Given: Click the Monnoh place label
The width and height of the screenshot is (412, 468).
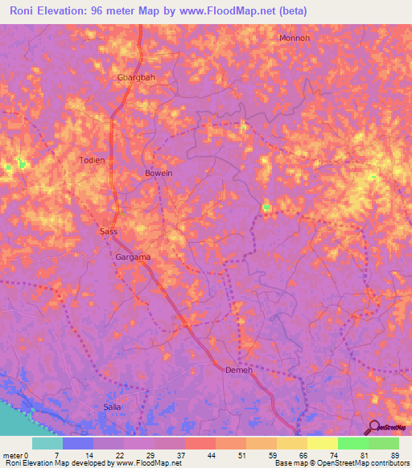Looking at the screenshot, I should [294, 38].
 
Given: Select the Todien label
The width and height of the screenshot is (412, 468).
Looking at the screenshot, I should [92, 160].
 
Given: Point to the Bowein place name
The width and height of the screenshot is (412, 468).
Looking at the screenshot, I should [159, 173].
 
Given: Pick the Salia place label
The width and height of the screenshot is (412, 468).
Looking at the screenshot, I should [112, 407].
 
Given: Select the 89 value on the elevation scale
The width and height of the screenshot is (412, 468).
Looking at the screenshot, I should [394, 454].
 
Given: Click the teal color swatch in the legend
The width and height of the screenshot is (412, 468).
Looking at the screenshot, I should [47, 443].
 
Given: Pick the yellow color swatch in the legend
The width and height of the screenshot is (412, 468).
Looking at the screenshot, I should [322, 443].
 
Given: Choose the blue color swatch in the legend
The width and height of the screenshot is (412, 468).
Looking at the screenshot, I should [77, 443].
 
